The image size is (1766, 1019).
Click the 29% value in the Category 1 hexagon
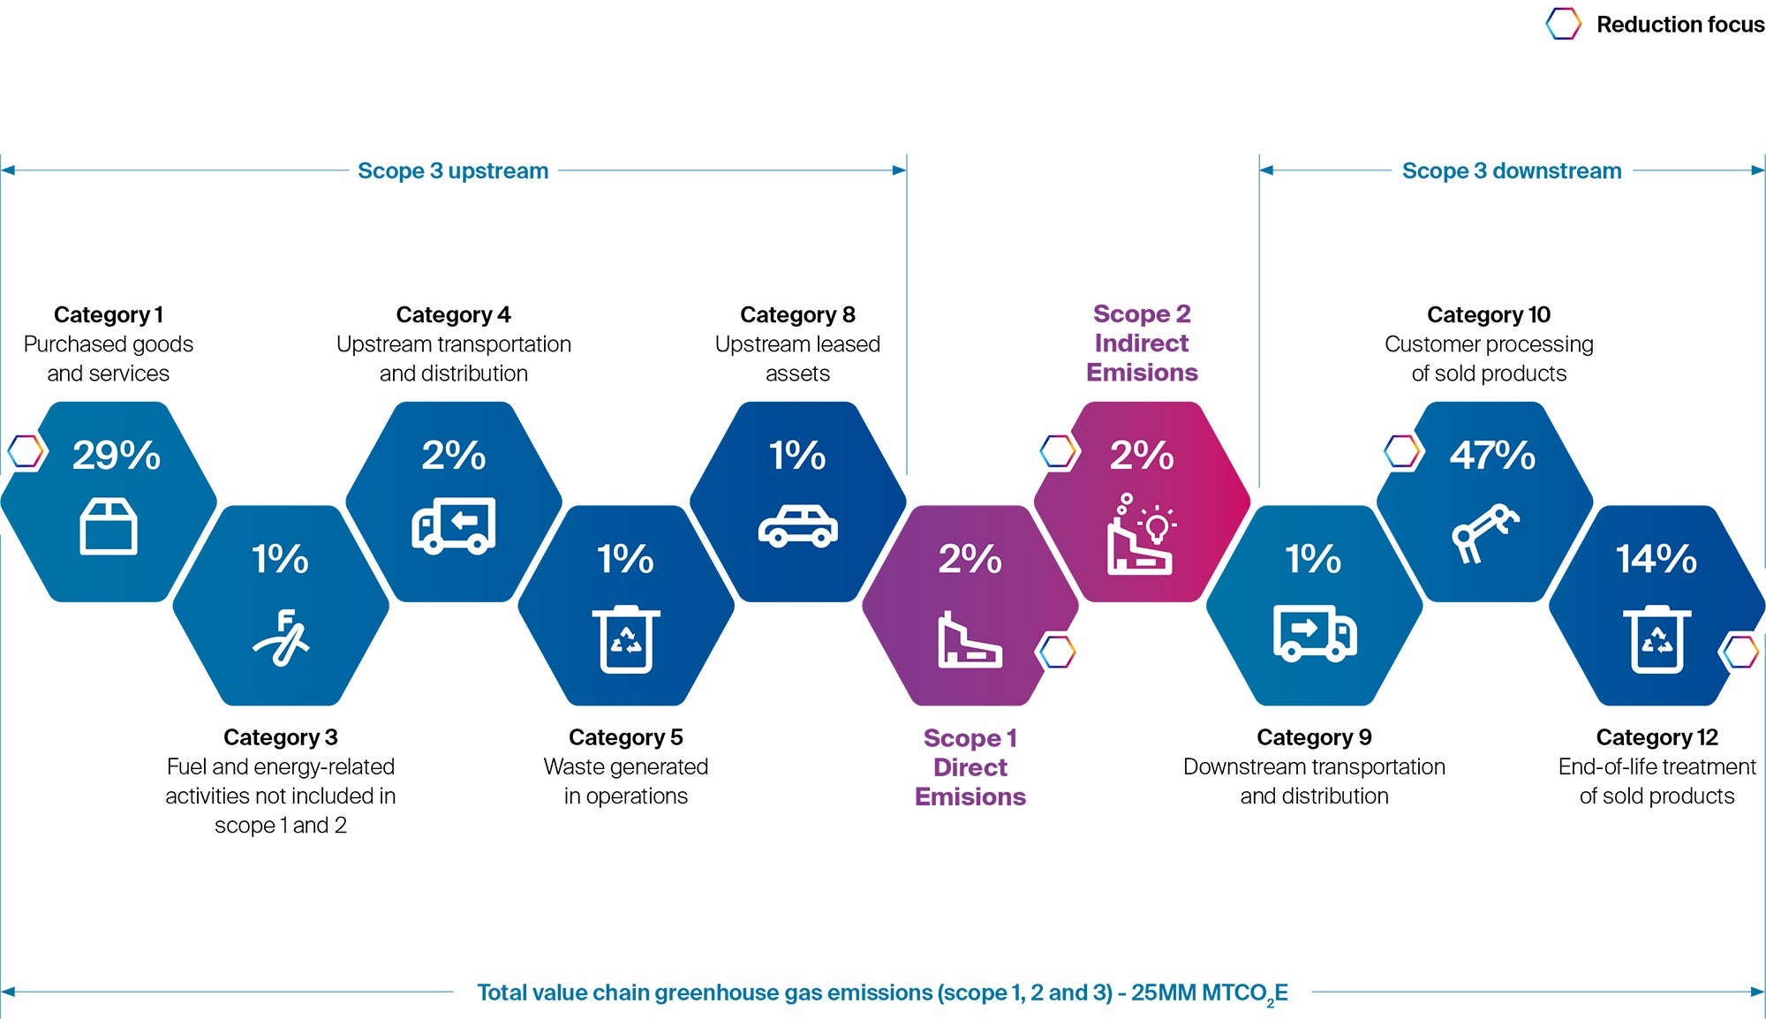(116, 456)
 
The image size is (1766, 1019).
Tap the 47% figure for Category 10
(1491, 456)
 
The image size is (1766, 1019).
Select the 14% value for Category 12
(1656, 559)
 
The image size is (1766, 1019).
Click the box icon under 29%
(108, 526)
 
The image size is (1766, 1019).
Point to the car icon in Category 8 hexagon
(797, 526)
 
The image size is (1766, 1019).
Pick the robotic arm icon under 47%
(1485, 532)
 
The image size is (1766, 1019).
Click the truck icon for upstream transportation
(453, 526)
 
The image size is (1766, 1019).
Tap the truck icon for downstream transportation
(1314, 632)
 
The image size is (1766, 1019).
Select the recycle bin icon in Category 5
(625, 639)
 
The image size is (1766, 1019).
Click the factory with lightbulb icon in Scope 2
(1141, 535)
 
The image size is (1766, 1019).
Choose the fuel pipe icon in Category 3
(281, 638)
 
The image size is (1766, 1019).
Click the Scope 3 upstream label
(452, 170)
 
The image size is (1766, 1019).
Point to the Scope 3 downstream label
(1511, 170)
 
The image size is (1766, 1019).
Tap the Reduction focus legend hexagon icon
(1563, 24)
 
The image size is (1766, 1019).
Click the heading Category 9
(1313, 737)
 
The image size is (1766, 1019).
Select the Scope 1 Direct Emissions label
(970, 766)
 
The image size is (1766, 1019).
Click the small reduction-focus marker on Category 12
(1740, 653)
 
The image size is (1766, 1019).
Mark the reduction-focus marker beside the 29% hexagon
(26, 451)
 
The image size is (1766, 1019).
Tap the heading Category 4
(453, 314)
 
